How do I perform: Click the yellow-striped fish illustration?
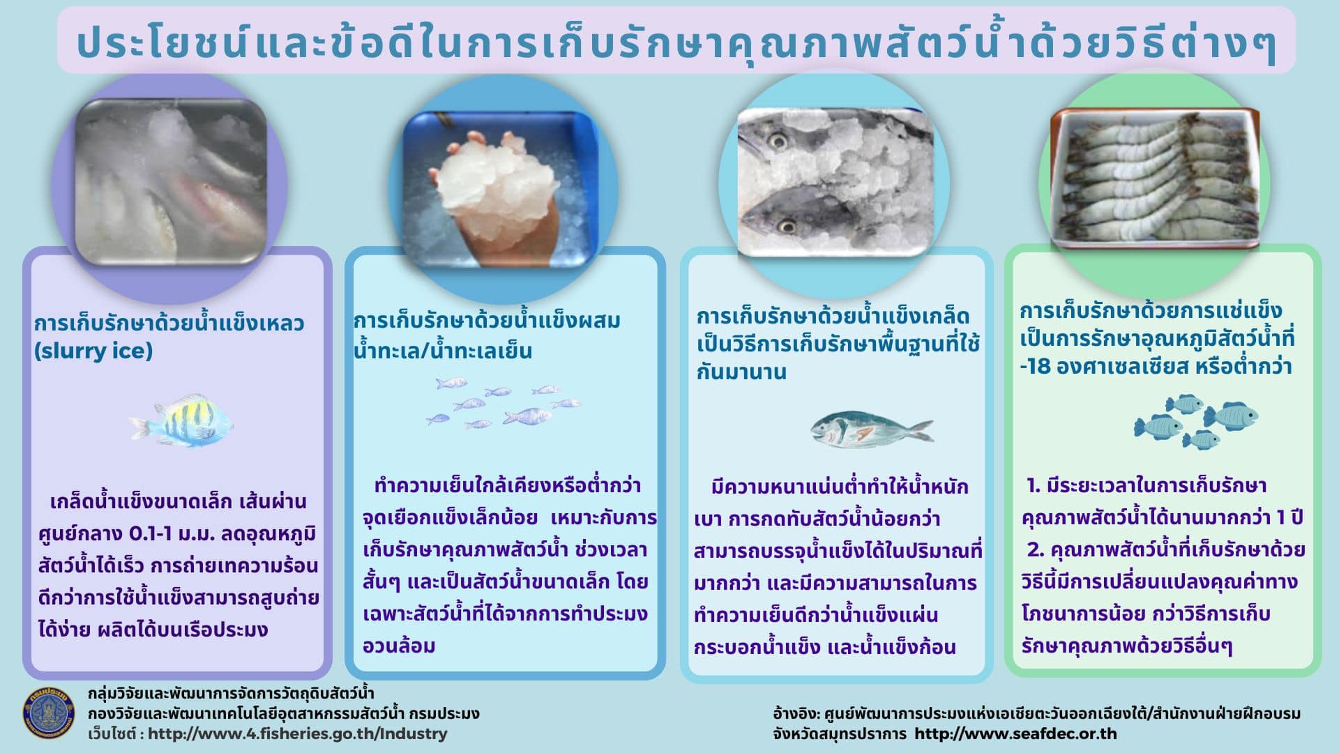(181, 420)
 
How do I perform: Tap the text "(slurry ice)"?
(93, 351)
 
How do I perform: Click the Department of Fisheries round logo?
(49, 713)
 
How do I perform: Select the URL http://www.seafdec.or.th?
(1015, 733)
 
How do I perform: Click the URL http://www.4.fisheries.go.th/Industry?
(298, 733)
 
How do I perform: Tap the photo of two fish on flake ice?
(835, 181)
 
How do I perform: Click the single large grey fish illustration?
(871, 428)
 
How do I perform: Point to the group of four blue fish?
(1195, 421)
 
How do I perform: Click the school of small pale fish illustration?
(503, 403)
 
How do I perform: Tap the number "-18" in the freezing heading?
(1035, 367)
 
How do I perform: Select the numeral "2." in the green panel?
(1035, 550)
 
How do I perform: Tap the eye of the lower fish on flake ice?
(787, 225)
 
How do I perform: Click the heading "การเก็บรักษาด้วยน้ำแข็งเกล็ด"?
(833, 316)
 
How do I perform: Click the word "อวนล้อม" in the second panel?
(399, 646)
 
